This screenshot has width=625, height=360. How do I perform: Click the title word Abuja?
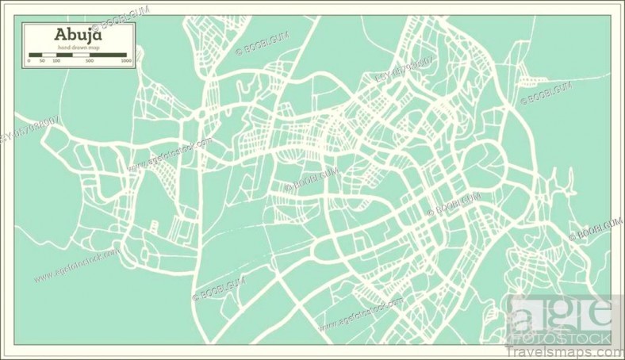click(x=78, y=36)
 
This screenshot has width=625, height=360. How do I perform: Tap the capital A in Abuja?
click(x=60, y=36)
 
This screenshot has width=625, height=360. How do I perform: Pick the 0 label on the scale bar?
click(x=29, y=60)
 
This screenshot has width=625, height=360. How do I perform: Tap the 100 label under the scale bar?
click(x=56, y=60)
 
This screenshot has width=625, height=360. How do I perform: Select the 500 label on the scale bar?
click(x=90, y=60)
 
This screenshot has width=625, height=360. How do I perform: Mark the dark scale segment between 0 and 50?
click(x=36, y=55)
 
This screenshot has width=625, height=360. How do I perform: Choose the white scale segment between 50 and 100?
click(x=49, y=55)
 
